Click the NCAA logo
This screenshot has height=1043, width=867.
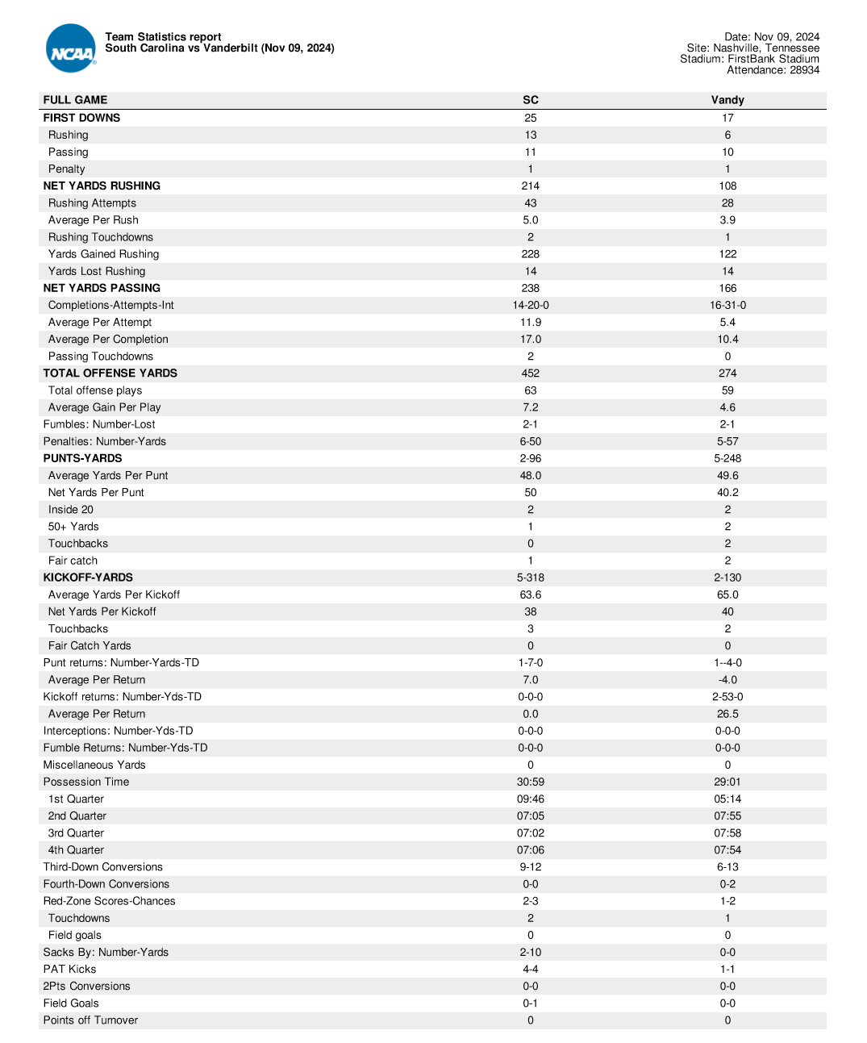(x=71, y=49)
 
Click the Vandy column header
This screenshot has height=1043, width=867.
(x=727, y=100)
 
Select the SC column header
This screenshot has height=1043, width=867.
(x=530, y=100)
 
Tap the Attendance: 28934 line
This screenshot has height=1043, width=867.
(x=773, y=70)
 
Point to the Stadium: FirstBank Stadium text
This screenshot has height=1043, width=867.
(x=749, y=59)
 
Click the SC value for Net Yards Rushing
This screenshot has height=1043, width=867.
(x=530, y=186)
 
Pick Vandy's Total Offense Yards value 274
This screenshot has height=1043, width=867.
(x=727, y=373)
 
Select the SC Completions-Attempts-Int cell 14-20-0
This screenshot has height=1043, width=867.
(x=530, y=305)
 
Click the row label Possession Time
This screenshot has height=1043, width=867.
(x=86, y=782)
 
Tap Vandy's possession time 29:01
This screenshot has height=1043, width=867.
(x=727, y=782)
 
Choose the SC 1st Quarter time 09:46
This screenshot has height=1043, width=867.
(x=530, y=799)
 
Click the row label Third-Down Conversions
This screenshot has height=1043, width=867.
(x=103, y=867)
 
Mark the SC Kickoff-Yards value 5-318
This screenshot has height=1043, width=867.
(x=530, y=578)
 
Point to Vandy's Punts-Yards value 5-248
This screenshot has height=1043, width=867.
(x=727, y=458)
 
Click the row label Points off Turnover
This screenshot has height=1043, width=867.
(x=90, y=1020)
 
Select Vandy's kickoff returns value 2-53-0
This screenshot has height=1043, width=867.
(x=727, y=697)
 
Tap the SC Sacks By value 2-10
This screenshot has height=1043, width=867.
(x=530, y=952)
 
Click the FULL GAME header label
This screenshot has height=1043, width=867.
(x=75, y=100)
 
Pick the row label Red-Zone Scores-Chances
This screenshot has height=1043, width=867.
(x=109, y=901)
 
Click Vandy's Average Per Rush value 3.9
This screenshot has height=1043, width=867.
(x=727, y=220)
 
